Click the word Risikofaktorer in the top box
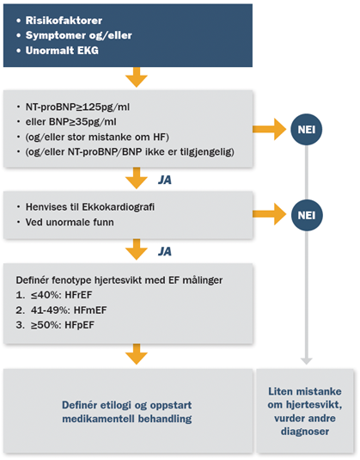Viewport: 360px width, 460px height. (64, 21)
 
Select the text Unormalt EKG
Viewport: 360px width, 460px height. (62, 51)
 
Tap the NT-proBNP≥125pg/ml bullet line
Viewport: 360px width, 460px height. (77, 107)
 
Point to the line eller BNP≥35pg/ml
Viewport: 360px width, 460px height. (70, 122)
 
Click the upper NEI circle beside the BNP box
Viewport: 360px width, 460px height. (307, 129)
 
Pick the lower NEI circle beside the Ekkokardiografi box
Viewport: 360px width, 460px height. (307, 215)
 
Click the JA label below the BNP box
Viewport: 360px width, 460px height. (165, 180)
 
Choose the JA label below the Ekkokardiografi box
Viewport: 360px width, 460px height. (165, 251)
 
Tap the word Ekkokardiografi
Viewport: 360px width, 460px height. (119, 207)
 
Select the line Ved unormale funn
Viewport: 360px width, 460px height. (70, 222)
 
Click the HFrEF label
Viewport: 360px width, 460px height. (78, 295)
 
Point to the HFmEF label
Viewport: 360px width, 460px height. (90, 310)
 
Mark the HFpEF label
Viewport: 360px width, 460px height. (79, 325)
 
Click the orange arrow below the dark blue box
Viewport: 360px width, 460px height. (137, 77)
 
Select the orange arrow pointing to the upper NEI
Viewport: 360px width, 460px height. (270, 129)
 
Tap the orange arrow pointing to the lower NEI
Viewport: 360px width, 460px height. (270, 215)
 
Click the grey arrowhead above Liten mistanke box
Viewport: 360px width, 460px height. (307, 361)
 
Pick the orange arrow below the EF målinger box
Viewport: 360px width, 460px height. (137, 354)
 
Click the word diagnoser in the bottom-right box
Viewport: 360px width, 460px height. (305, 432)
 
